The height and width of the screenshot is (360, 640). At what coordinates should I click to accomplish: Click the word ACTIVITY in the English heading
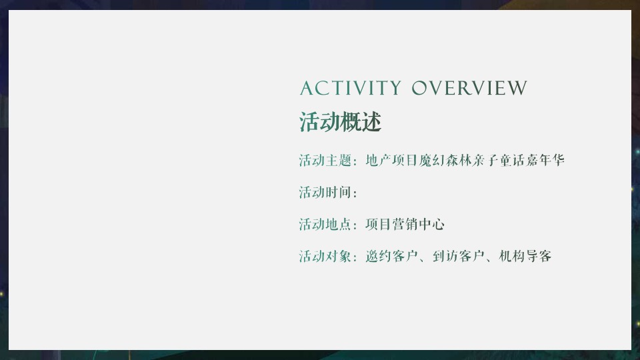point(350,89)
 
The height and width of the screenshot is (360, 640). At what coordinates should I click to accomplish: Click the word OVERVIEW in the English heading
point(469,89)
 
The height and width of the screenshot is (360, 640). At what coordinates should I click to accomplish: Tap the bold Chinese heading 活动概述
point(340,123)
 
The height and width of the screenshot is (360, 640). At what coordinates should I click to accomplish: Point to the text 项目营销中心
point(405,225)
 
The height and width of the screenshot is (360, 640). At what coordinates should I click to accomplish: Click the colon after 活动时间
point(355,193)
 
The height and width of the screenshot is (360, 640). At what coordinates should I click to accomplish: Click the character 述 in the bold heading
point(371,123)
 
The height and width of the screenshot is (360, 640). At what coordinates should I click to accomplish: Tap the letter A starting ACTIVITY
point(306,89)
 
